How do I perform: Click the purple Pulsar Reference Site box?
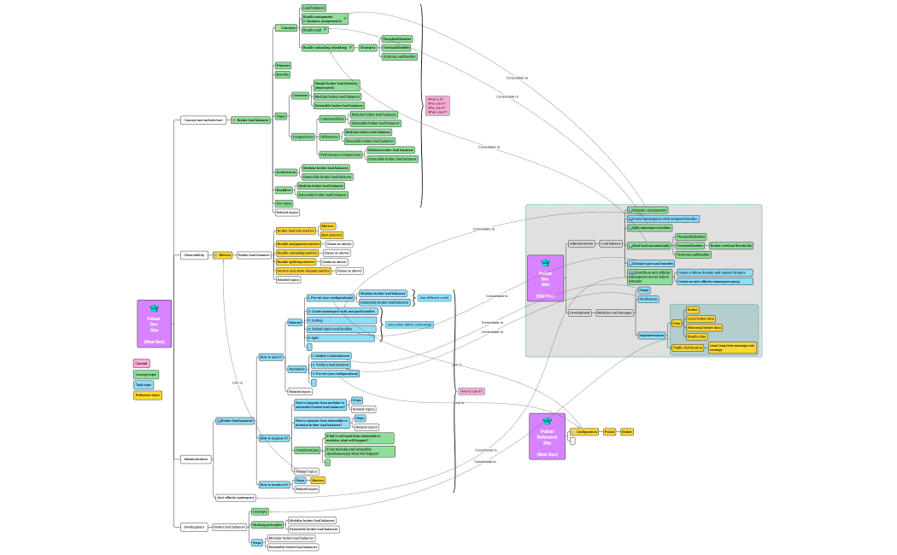pyautogui.click(x=547, y=436)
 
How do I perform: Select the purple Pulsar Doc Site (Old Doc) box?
pyautogui.click(x=545, y=278)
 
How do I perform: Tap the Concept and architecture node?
pyautogui.click(x=203, y=120)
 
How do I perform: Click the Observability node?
pyautogui.click(x=193, y=254)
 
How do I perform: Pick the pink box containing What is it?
pyautogui.click(x=437, y=106)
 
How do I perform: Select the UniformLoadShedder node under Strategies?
pyautogui.click(x=398, y=56)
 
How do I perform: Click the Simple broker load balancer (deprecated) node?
pyautogui.click(x=336, y=85)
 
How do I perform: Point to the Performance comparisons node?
pyautogui.click(x=341, y=155)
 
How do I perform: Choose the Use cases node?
pyautogui.click(x=284, y=203)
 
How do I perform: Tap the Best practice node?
pyautogui.click(x=331, y=235)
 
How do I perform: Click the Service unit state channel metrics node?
pyautogui.click(x=303, y=271)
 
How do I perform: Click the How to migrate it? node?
pyautogui.click(x=274, y=438)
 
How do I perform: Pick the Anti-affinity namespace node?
pyautogui.click(x=235, y=497)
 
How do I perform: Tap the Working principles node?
pyautogui.click(x=267, y=525)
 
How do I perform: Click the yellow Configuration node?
pyautogui.click(x=585, y=432)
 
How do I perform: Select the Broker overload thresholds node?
pyautogui.click(x=730, y=245)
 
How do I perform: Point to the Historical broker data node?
pyautogui.click(x=705, y=327)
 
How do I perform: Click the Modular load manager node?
pyautogui.click(x=614, y=313)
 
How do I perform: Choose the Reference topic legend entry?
pyautogui.click(x=148, y=395)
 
